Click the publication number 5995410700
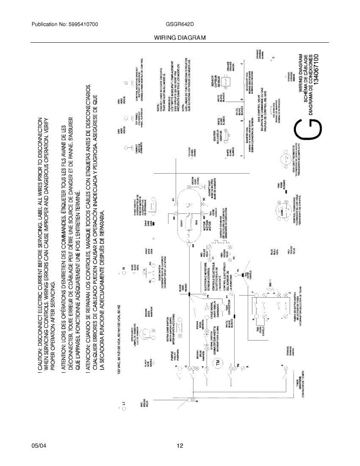81,24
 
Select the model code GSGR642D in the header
180,24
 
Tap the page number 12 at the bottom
180,446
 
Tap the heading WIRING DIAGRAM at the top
180,38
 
